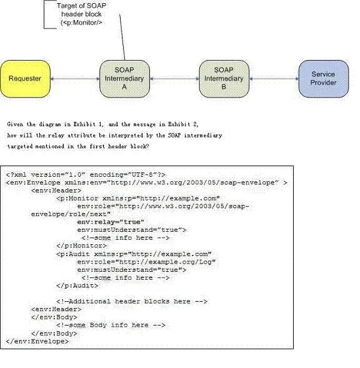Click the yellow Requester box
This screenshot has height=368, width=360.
(x=25, y=79)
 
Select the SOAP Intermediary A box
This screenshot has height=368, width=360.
(x=124, y=79)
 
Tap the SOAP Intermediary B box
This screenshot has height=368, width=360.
(x=224, y=79)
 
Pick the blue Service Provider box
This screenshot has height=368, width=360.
(x=324, y=79)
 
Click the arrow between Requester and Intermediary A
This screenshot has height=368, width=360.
(x=75, y=79)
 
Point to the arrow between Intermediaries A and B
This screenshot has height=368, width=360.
(x=174, y=79)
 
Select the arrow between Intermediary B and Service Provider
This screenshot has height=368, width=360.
(x=274, y=79)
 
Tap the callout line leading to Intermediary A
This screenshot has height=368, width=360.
(x=122, y=37)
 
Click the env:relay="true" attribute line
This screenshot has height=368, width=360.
(x=111, y=222)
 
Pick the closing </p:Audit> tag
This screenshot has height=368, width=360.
(x=77, y=286)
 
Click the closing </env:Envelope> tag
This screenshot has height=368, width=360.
(x=37, y=341)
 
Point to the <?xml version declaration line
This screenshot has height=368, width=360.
(x=86, y=174)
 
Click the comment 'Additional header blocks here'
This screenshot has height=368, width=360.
(x=132, y=301)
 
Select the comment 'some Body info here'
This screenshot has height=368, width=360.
(x=111, y=326)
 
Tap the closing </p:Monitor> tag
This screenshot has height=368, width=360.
(x=81, y=246)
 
